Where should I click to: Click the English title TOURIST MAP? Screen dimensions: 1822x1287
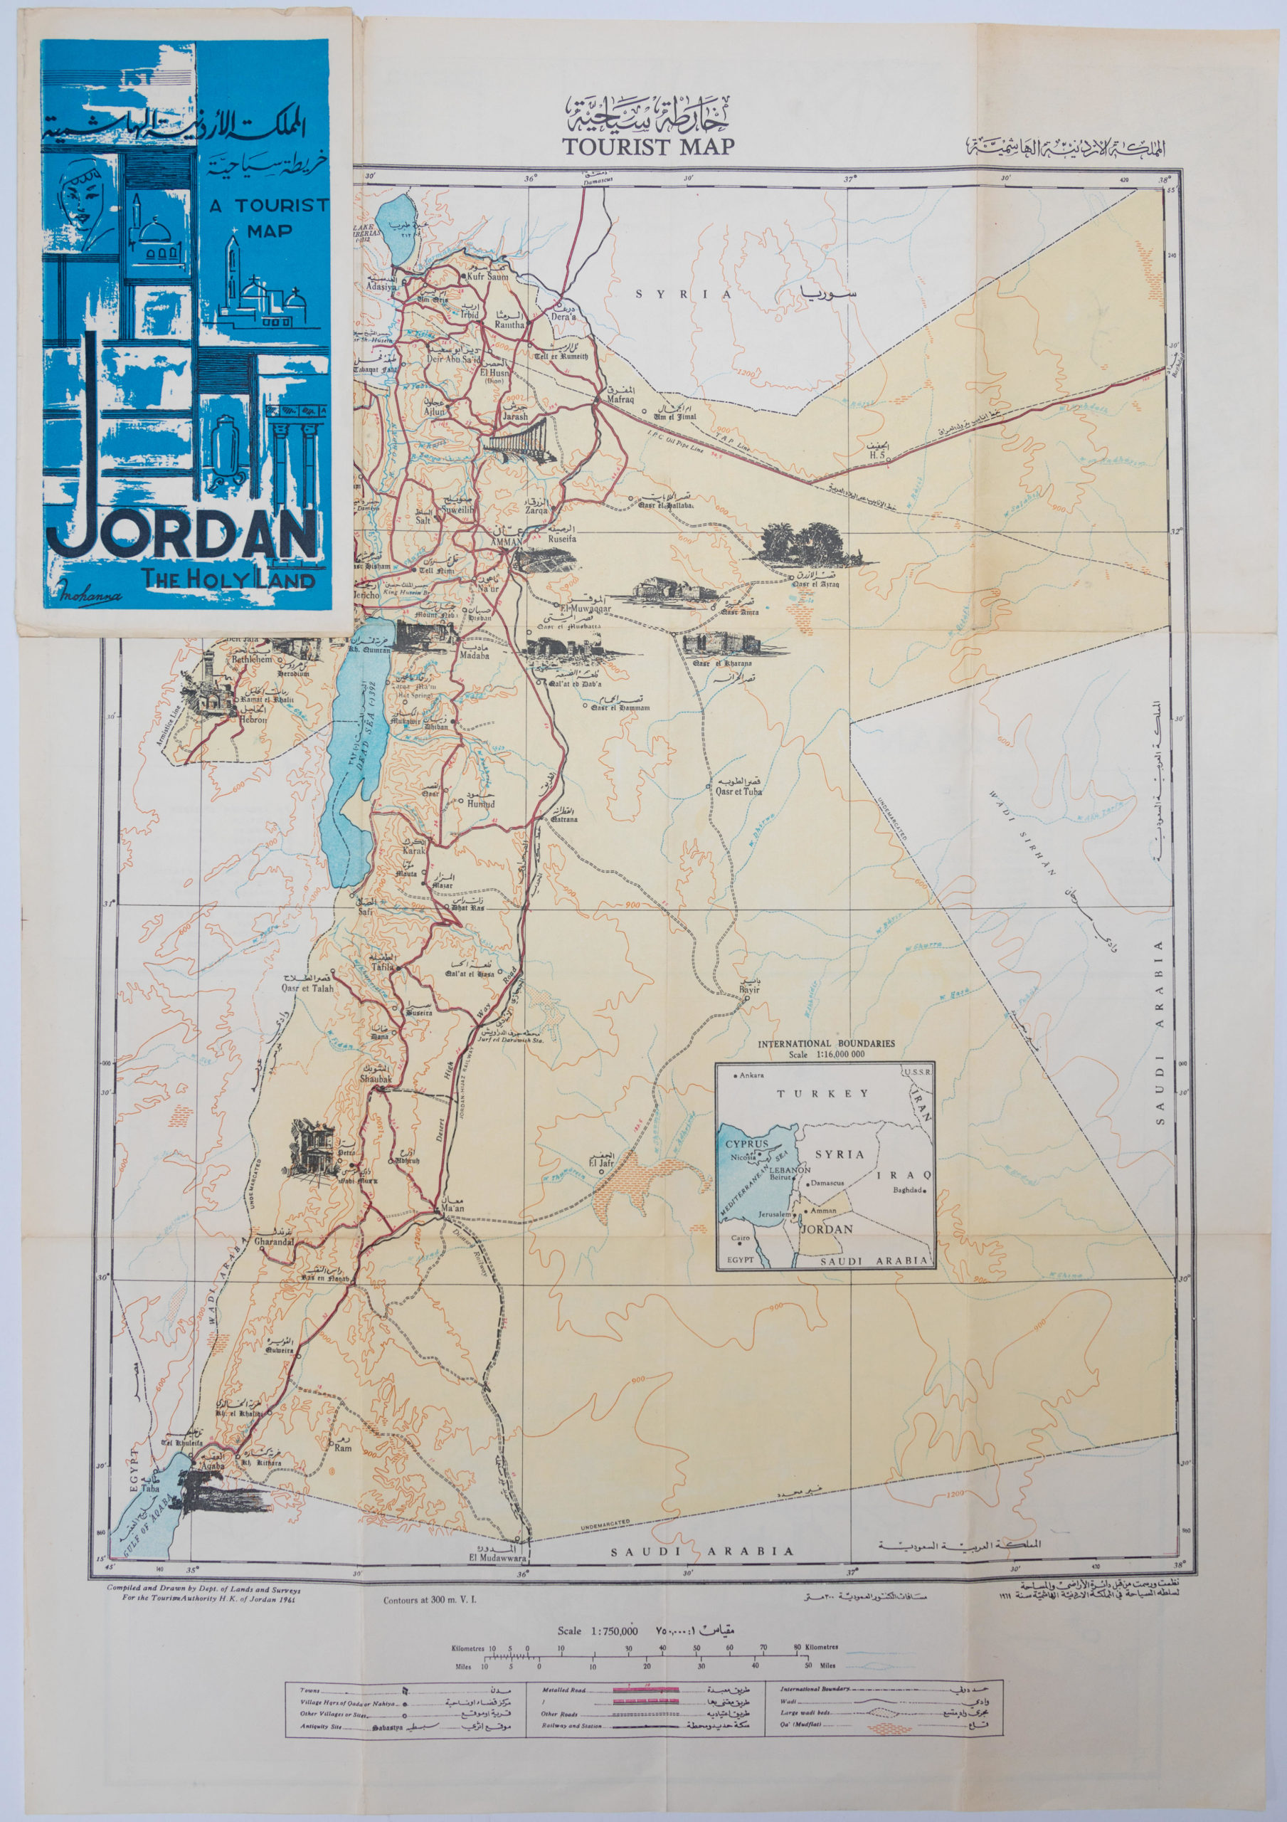tap(647, 146)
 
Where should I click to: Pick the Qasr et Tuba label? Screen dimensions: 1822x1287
tap(738, 791)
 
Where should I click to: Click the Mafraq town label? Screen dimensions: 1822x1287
tap(621, 401)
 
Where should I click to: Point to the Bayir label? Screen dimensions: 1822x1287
tap(749, 989)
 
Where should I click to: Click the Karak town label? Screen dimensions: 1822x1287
tap(414, 850)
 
